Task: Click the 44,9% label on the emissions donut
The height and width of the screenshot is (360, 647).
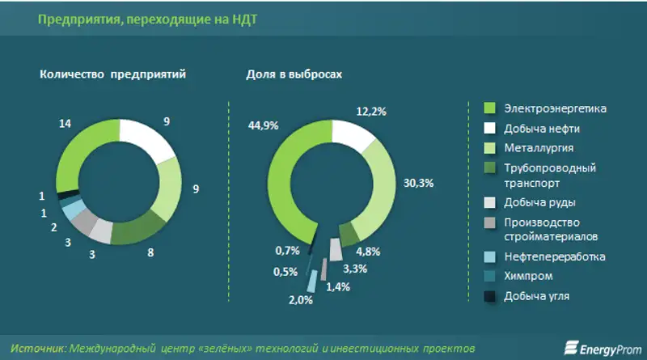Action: click(x=264, y=125)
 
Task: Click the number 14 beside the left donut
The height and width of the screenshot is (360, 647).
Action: click(x=66, y=123)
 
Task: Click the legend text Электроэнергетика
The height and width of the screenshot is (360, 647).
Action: click(x=555, y=108)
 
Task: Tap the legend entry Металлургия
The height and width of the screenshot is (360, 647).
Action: click(x=539, y=148)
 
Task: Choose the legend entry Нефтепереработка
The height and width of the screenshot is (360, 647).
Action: click(x=554, y=256)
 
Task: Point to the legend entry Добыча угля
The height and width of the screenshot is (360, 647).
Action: click(x=537, y=297)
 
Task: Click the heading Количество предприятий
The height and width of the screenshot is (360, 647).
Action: click(x=113, y=74)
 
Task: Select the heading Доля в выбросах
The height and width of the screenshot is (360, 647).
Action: click(x=294, y=74)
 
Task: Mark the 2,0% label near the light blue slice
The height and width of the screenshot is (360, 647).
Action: click(x=300, y=300)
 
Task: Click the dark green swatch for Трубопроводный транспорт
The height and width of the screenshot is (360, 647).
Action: click(x=488, y=168)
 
